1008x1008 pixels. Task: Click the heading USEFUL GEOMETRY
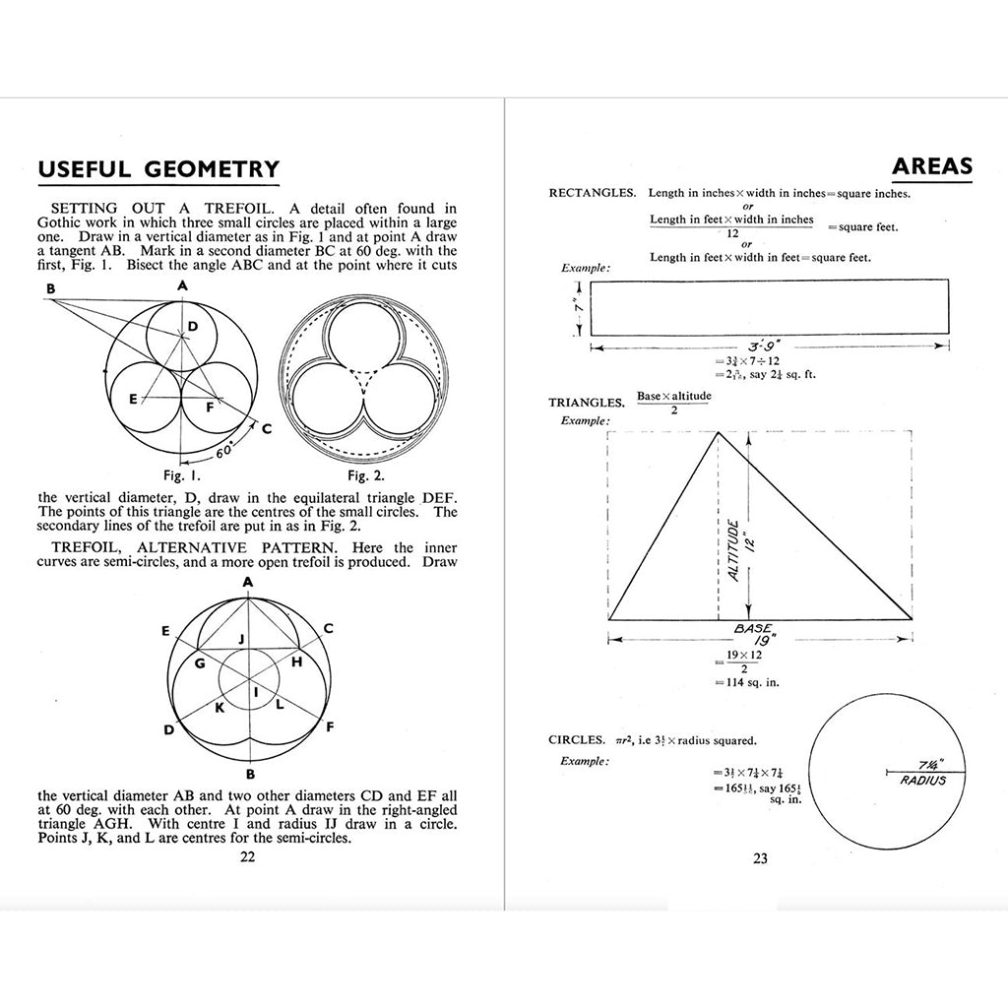point(158,169)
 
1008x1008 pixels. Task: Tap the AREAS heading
point(932,165)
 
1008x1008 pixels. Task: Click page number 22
point(248,856)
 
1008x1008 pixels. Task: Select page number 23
point(760,858)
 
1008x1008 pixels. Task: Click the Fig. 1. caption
point(184,472)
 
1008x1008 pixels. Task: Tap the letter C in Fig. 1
point(267,429)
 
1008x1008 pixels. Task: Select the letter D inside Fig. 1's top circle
point(193,326)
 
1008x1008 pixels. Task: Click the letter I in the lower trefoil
point(256,694)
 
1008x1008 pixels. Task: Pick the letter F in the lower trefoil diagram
point(329,726)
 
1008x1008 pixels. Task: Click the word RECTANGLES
point(592,194)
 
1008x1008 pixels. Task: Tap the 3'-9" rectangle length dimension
point(766,346)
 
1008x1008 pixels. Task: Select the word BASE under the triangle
point(753,627)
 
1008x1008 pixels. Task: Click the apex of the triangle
point(719,432)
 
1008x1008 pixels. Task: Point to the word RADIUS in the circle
point(923,781)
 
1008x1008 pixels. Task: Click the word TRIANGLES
point(587,403)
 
